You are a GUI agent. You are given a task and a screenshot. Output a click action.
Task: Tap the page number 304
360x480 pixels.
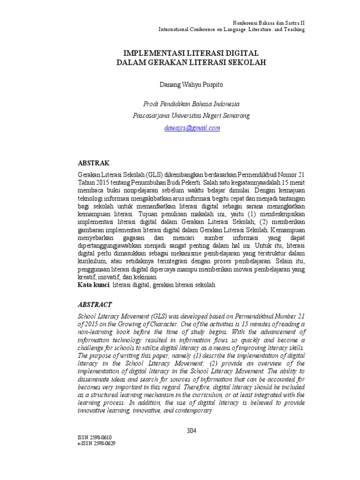(191, 431)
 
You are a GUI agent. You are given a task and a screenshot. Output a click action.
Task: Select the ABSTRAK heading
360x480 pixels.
(93, 163)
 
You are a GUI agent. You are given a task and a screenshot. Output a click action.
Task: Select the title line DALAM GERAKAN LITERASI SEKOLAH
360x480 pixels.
(191, 62)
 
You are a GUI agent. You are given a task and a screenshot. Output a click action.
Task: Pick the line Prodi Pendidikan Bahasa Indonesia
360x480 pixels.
(191, 104)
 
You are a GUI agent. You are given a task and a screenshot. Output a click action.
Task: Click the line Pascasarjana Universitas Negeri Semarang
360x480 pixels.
(191, 115)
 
